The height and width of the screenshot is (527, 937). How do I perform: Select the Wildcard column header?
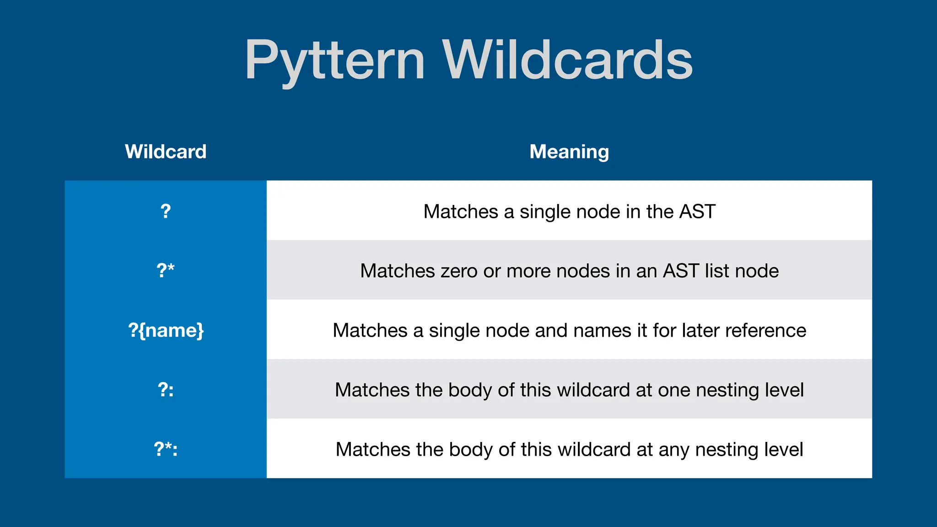[166, 151]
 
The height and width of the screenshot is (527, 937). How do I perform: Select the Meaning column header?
[569, 151]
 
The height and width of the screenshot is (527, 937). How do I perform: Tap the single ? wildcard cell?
[166, 211]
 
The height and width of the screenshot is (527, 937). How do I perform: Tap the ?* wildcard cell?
[166, 270]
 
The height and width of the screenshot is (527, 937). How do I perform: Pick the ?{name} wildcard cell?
[166, 330]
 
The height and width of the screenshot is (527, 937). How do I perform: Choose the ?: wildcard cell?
[166, 389]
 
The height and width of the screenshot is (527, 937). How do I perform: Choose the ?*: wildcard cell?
[166, 449]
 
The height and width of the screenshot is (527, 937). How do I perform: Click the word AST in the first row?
[697, 211]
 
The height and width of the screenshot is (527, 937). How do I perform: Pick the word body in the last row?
[471, 449]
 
